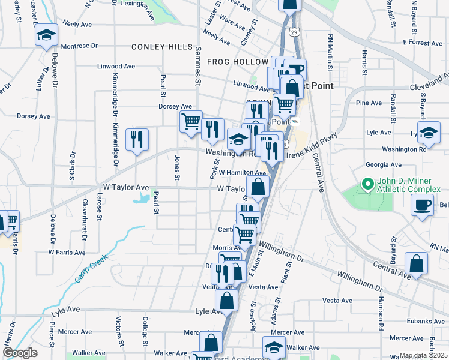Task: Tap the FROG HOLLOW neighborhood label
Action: [237, 62]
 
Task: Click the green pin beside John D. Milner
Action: [365, 184]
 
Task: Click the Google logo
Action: [20, 353]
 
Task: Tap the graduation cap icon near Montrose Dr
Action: [46, 35]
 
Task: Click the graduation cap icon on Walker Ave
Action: [274, 347]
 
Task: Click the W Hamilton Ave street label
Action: [242, 173]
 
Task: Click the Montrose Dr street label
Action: [79, 46]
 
